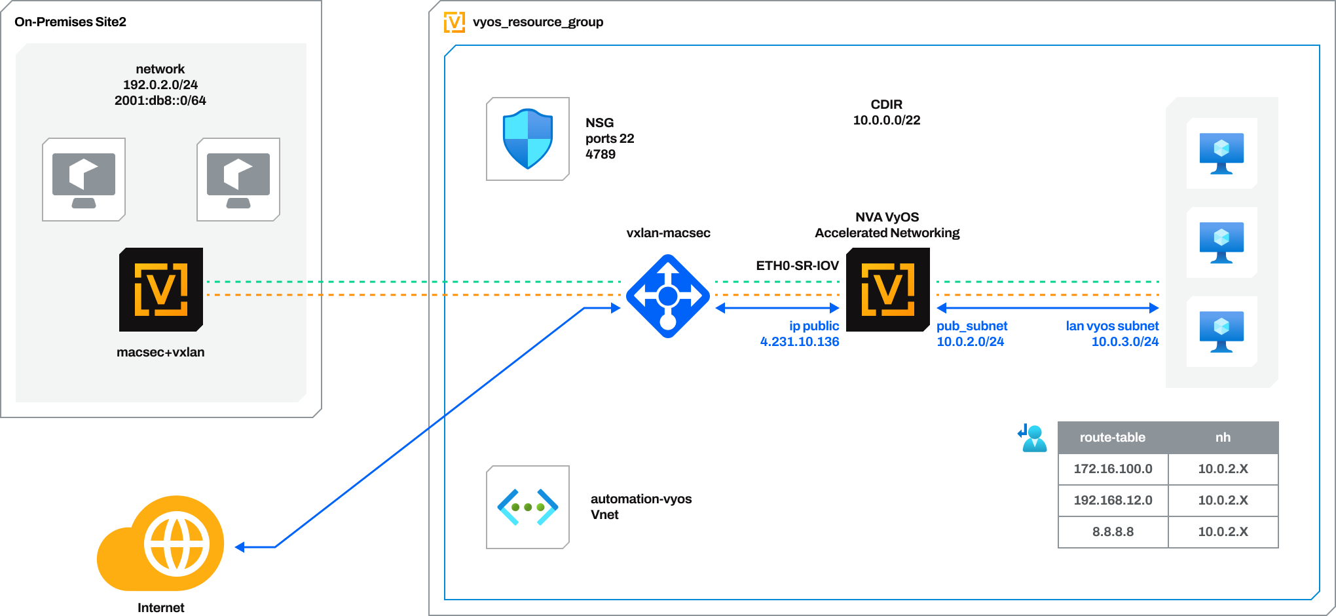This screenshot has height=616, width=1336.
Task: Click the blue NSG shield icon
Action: (528, 139)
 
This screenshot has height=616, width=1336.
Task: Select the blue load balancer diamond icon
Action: (667, 296)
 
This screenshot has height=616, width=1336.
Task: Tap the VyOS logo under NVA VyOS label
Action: (887, 290)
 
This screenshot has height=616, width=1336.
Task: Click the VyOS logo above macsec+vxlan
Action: (161, 290)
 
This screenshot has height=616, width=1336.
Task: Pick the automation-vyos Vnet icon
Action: (528, 507)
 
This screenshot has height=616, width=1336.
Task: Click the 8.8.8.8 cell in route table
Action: (1113, 532)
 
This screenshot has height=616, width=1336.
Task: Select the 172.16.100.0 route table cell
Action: (1113, 469)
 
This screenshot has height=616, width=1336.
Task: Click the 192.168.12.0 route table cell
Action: (1113, 501)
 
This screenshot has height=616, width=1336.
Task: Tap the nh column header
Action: (1223, 438)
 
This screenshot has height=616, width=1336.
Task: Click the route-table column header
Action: (1112, 438)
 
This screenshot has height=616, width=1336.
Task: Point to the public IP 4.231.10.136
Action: (800, 341)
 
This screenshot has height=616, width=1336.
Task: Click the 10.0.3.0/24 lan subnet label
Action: (1124, 341)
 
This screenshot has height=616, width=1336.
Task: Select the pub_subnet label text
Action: (972, 326)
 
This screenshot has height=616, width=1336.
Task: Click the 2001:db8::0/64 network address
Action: (160, 100)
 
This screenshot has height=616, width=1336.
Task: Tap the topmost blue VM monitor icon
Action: (1221, 153)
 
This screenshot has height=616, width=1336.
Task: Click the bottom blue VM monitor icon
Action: (1221, 332)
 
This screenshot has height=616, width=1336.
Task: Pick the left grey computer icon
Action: (84, 180)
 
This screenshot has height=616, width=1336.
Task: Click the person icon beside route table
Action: (1033, 438)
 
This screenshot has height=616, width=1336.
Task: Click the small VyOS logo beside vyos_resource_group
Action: (455, 22)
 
